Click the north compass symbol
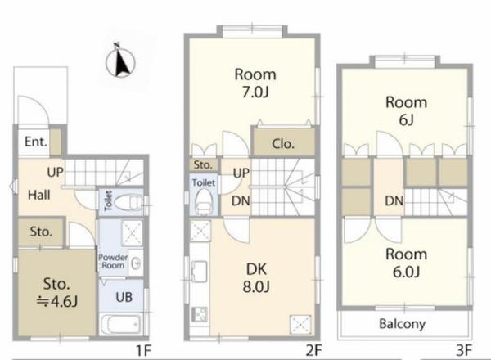tap(120, 61)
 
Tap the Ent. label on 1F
tap(36, 142)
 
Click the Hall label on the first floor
tap(39, 195)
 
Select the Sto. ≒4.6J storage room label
tap(56, 292)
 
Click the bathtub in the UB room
tap(120, 325)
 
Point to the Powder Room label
tap(113, 261)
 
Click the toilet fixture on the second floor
tap(204, 201)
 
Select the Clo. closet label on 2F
tap(283, 144)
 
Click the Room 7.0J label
tap(255, 83)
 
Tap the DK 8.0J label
tap(256, 278)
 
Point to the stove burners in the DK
tap(200, 314)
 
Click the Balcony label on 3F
tap(403, 324)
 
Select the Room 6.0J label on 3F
tap(406, 263)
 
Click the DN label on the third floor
tap(394, 201)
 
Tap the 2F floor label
tap(313, 350)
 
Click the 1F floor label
tap(144, 351)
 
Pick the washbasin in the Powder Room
tap(136, 263)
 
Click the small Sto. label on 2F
tap(203, 165)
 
